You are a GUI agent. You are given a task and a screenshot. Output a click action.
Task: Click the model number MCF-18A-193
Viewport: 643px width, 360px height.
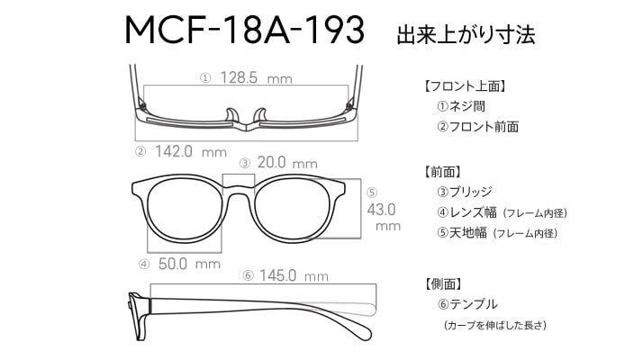[x=244, y=30]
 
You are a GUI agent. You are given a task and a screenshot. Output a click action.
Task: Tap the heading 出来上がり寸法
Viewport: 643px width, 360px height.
[x=466, y=34]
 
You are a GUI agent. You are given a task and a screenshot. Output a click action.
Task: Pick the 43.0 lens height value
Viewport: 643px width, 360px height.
[x=381, y=210]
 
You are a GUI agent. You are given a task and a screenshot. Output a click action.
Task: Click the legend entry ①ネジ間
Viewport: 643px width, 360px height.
[x=461, y=106]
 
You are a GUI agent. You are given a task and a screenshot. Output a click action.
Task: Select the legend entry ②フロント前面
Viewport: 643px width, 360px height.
[x=477, y=126]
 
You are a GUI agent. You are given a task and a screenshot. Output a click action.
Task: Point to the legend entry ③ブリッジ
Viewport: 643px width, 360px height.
[x=464, y=192]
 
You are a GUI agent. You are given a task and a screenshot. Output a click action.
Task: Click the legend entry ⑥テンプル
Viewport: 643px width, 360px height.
[x=467, y=304]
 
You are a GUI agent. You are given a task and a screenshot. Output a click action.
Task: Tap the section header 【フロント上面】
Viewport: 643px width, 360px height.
[x=465, y=86]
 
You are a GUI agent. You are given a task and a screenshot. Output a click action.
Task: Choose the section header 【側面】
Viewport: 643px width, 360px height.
[x=443, y=283]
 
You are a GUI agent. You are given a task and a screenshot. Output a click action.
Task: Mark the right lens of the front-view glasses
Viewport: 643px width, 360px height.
[x=293, y=210]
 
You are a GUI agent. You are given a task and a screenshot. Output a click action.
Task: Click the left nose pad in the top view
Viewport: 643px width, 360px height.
[x=232, y=116]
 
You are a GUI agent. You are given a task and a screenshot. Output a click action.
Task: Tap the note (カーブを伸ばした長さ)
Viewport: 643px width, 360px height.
[x=495, y=325]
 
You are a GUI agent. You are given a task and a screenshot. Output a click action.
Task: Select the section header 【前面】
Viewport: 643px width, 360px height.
[x=442, y=172]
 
